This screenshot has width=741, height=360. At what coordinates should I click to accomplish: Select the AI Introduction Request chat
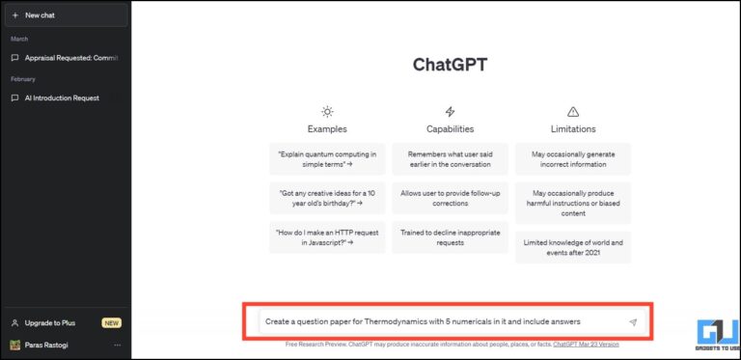62,97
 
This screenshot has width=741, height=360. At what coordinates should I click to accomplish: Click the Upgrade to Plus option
49,322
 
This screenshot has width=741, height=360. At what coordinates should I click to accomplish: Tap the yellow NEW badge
111,322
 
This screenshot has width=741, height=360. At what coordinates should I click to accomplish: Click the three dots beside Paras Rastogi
118,345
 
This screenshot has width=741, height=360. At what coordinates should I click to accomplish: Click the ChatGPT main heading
450,65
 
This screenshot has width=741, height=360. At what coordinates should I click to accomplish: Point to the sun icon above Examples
327,112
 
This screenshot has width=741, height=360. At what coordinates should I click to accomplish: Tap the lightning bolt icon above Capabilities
450,112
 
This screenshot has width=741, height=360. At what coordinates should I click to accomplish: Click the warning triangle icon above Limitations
573,112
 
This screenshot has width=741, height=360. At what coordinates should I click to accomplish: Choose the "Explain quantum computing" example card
327,159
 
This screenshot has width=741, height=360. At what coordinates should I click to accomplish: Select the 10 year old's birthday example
327,198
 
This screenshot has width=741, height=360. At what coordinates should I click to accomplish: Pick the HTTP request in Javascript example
327,236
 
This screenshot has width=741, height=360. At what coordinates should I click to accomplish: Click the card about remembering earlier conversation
450,159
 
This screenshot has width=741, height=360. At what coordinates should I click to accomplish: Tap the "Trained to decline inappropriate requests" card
450,236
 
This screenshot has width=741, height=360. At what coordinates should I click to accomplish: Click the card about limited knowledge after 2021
573,247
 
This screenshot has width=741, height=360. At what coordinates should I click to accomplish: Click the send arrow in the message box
633,322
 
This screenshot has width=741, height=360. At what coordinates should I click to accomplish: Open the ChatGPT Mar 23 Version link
586,344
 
